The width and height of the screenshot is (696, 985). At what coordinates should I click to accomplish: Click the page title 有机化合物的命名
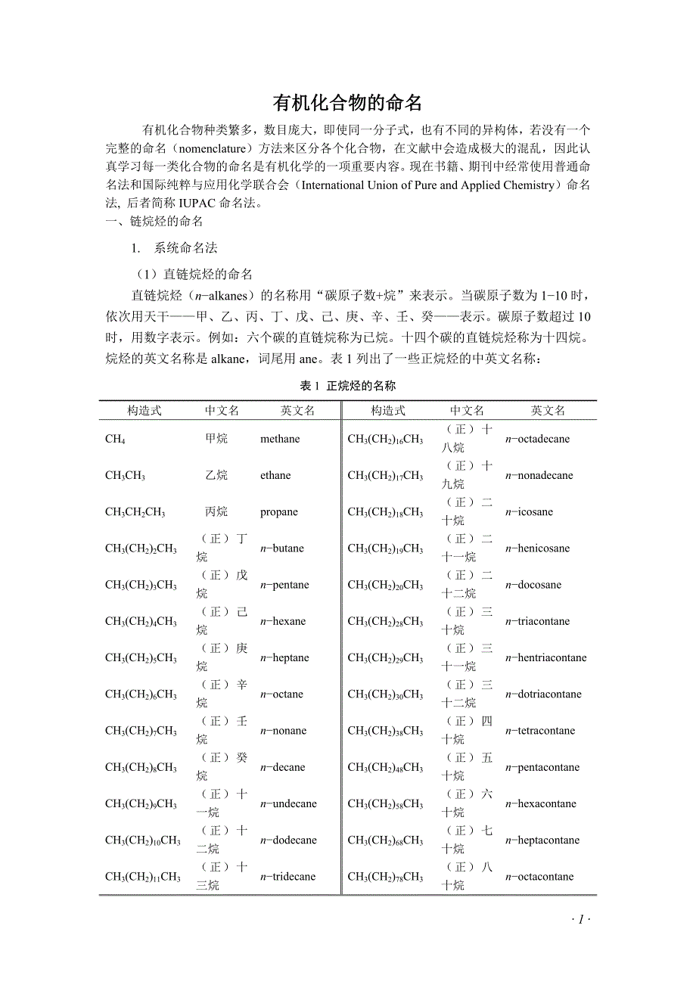coord(347,103)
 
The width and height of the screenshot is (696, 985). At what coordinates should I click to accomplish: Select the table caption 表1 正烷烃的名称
coord(347,386)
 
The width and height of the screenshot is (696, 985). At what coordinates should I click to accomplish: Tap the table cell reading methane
coord(280,439)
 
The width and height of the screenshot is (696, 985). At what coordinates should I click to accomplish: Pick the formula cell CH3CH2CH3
coord(135,512)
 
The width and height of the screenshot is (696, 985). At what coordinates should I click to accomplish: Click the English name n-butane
coord(282,548)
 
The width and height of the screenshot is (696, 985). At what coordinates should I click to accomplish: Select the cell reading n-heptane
coord(284,658)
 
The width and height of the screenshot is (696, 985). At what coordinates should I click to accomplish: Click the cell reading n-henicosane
coord(537,548)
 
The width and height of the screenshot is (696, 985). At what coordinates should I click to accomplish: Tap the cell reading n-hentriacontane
coord(545,658)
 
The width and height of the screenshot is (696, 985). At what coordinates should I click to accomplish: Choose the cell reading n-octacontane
coord(539,877)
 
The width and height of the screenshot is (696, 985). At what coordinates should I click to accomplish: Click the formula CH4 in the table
coord(116,440)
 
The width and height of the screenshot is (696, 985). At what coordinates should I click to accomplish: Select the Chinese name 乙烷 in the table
coord(216,476)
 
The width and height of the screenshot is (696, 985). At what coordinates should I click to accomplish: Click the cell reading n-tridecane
coord(287,877)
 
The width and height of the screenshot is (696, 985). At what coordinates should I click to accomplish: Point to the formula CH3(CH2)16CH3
coord(385,440)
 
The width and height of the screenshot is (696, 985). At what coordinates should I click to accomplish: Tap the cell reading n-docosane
coord(533,585)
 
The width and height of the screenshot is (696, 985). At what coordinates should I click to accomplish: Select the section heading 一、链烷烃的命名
coord(154,222)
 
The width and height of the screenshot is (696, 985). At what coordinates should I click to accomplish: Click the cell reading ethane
coord(275,476)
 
